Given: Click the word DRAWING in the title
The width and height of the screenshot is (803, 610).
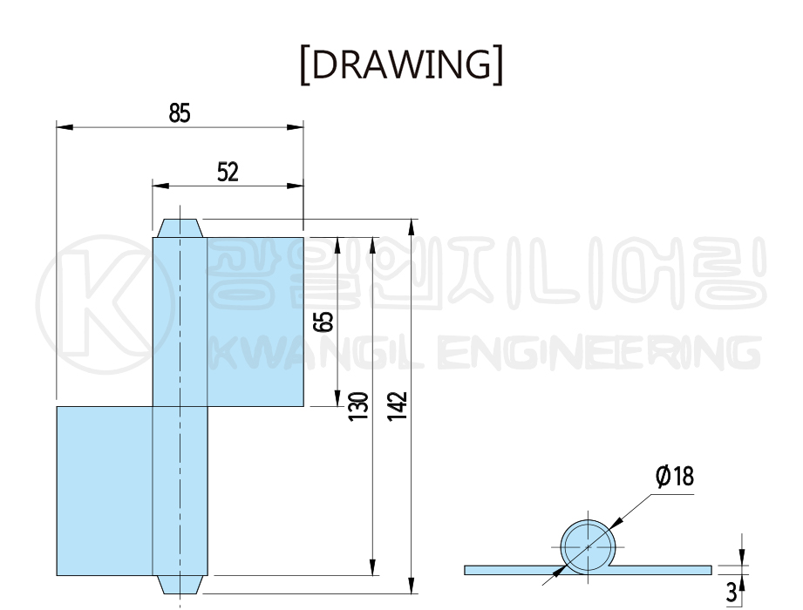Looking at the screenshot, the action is click(x=401, y=64).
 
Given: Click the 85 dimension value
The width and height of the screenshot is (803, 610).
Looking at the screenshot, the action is click(x=180, y=113).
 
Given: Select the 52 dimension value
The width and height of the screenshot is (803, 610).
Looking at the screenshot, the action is click(x=228, y=172).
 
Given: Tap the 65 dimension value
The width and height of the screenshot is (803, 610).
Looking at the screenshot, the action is click(x=323, y=322).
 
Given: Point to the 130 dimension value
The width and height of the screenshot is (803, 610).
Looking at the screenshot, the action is click(x=358, y=407).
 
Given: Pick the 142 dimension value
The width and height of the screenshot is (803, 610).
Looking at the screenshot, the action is click(x=397, y=407).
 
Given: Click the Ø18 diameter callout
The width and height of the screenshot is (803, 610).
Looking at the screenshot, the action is click(x=675, y=476).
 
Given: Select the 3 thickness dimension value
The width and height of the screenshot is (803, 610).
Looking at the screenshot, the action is click(x=732, y=593).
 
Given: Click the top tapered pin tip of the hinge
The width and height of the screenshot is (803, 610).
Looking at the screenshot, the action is click(x=180, y=228).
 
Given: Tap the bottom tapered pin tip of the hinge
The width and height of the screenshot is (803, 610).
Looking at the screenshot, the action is click(x=180, y=585).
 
